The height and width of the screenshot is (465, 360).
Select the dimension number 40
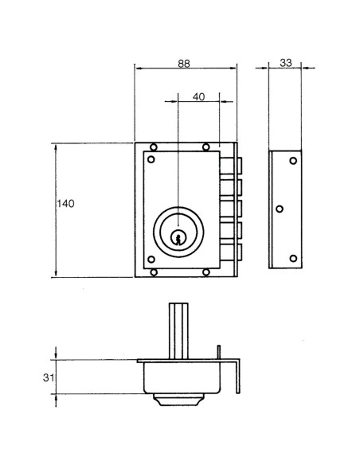pos(199,96)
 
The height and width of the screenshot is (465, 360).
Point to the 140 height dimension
pos(65,205)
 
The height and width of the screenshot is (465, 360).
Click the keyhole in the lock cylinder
pos(179,236)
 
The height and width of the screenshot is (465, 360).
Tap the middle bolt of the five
pos(237,209)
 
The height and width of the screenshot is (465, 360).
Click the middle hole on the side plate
pos(279,209)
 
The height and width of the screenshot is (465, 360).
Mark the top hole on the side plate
pos(292,162)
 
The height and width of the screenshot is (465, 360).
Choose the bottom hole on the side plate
pos(292,258)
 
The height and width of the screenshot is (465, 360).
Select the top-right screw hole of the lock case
pos(206,147)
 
